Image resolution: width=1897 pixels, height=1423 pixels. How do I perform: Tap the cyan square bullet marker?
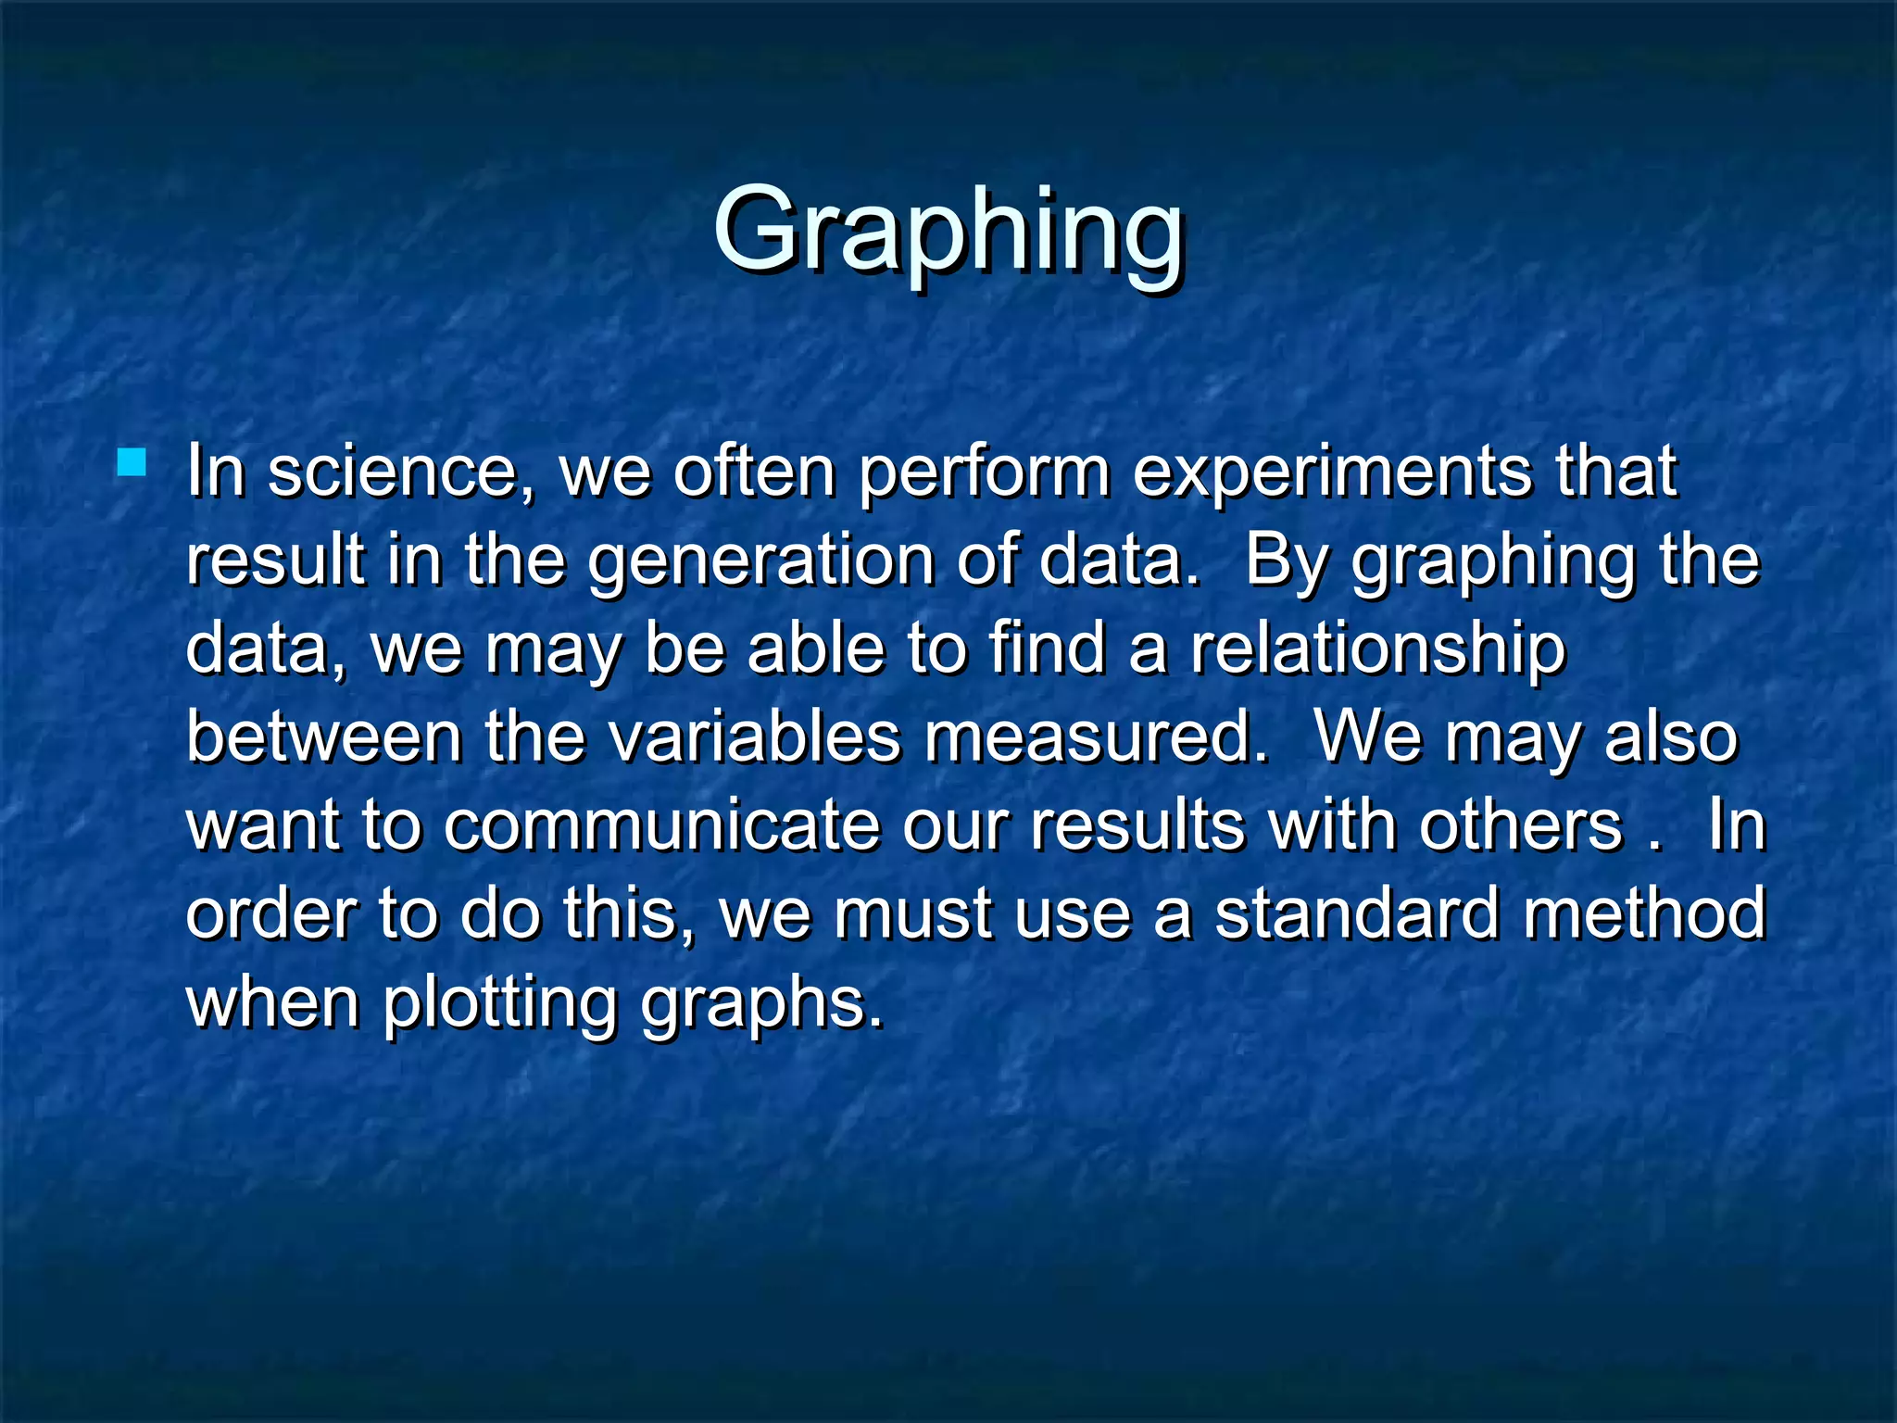tap(132, 462)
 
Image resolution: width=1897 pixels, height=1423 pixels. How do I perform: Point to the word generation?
tap(760, 562)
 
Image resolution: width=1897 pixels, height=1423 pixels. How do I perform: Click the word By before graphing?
tap(1287, 562)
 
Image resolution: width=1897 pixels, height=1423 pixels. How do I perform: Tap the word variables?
tap(754, 738)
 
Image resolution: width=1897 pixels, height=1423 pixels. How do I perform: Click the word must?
tap(912, 915)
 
